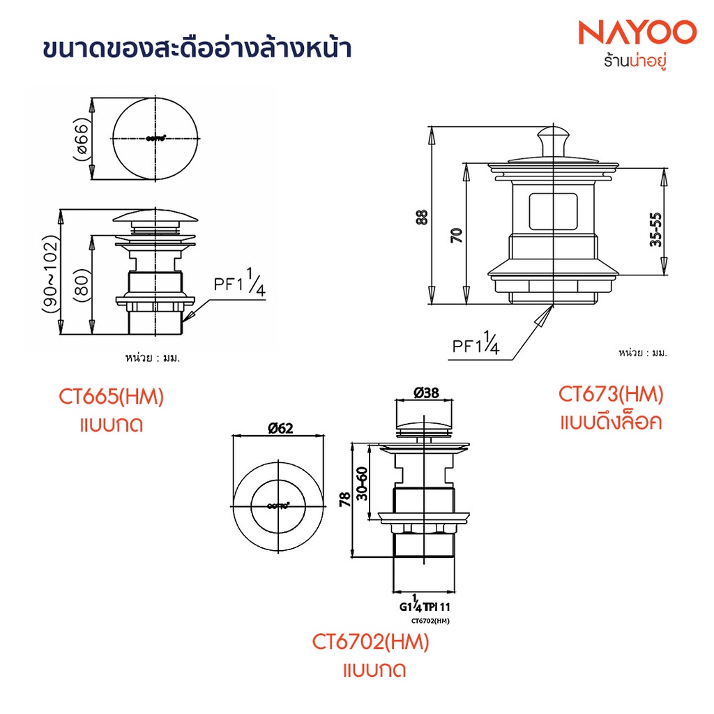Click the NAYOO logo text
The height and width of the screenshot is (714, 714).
pyautogui.click(x=638, y=33)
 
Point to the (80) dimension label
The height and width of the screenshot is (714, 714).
pyautogui.click(x=81, y=284)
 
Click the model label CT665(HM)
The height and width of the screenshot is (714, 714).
pyautogui.click(x=111, y=397)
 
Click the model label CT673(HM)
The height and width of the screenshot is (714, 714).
pyautogui.click(x=611, y=395)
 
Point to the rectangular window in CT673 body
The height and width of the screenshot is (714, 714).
pyautogui.click(x=554, y=211)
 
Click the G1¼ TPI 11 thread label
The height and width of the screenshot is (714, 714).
pyautogui.click(x=429, y=607)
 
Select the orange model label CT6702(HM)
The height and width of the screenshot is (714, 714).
pyautogui.click(x=370, y=641)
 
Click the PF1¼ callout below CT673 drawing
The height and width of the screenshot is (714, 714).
pyautogui.click(x=476, y=345)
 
